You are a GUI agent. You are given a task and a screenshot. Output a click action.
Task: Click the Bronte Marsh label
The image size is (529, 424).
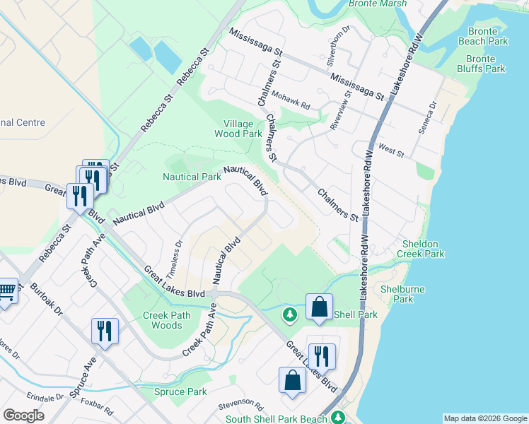(378, 4)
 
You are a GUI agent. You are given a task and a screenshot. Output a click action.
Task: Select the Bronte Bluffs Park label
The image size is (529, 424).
(485, 64)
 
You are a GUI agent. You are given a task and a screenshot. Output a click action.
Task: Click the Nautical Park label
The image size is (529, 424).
(192, 177)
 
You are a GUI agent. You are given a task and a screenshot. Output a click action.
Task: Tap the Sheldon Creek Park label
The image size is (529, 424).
(422, 248)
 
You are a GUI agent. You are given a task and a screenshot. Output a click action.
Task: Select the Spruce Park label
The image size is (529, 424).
(180, 391)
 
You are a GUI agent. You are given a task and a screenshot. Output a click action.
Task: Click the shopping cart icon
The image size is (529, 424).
(6, 290)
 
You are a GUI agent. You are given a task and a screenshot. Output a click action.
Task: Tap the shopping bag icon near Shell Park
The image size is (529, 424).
(319, 307)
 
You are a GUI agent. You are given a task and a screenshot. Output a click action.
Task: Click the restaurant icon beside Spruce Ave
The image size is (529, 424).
(105, 331)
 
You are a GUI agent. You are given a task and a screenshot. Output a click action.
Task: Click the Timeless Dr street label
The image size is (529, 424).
(174, 259)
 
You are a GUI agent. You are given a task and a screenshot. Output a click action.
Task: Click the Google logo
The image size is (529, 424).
(23, 416)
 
